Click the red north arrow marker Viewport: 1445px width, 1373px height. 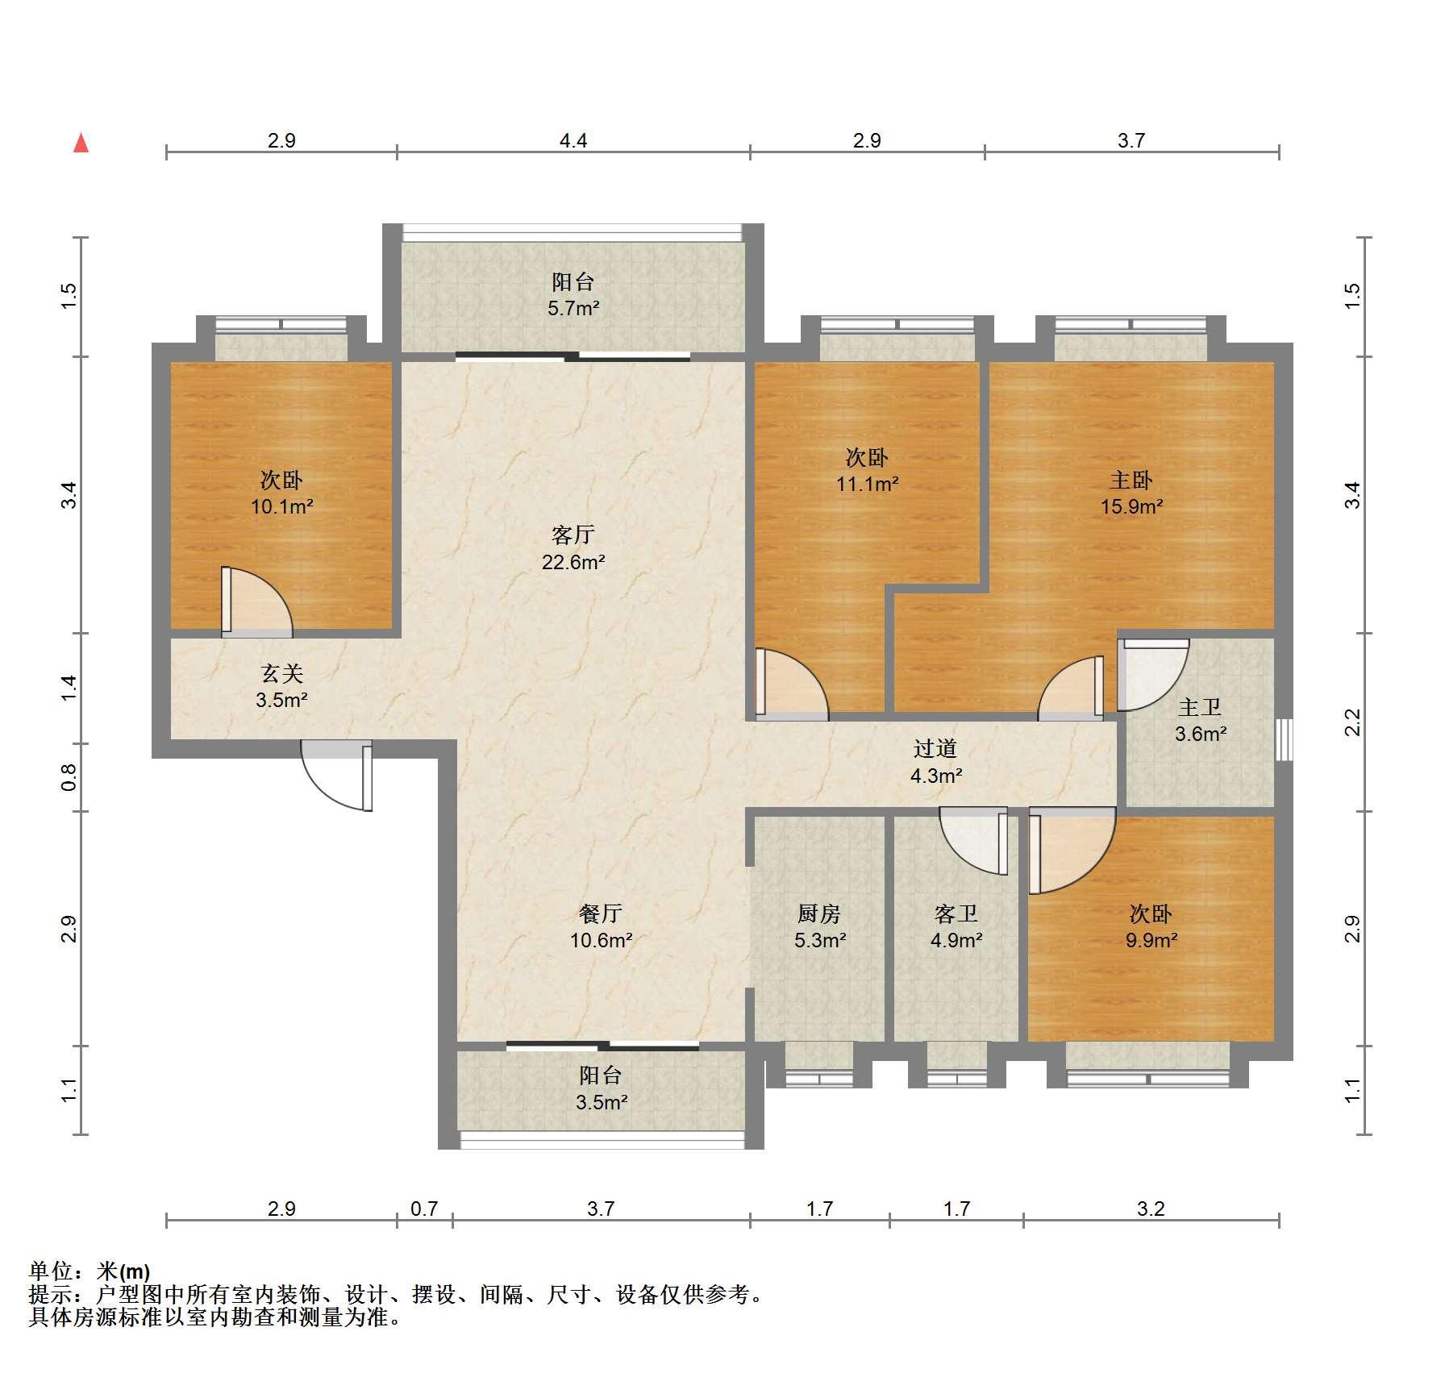click(81, 143)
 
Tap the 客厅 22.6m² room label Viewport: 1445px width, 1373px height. click(573, 548)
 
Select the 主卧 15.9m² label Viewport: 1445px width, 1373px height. click(1131, 493)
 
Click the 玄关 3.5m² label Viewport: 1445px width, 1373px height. click(281, 686)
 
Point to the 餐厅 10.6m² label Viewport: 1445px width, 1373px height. click(601, 926)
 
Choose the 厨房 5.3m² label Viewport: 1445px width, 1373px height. click(819, 926)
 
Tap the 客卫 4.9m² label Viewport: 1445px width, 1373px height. click(956, 926)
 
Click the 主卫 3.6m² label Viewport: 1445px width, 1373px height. click(1200, 721)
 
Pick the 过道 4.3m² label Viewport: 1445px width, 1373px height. click(935, 762)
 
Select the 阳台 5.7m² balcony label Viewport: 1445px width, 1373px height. click(573, 294)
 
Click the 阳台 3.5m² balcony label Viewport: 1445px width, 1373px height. click(601, 1088)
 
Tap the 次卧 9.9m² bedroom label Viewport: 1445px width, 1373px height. click(1151, 926)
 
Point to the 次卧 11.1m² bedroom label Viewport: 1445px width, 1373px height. click(867, 470)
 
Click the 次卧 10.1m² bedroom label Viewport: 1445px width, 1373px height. click(281, 493)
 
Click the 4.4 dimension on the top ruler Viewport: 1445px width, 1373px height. click(573, 141)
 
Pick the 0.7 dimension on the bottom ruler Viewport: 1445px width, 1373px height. click(424, 1209)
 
